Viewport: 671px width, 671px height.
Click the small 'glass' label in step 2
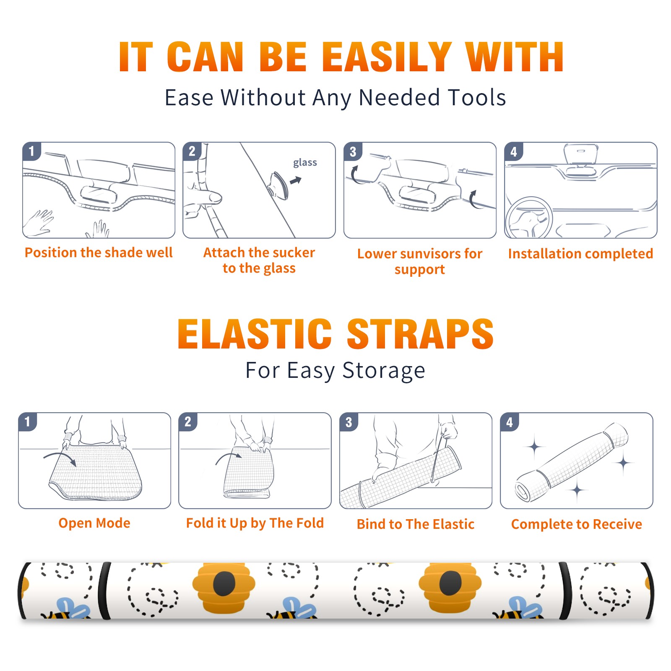[x=305, y=162]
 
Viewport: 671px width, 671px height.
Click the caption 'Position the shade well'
[x=99, y=252]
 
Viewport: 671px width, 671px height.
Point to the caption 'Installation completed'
[x=580, y=253]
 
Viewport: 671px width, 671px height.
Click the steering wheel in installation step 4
[x=529, y=218]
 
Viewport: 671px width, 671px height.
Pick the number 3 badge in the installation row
[x=353, y=151]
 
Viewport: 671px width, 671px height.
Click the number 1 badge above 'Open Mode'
[x=28, y=421]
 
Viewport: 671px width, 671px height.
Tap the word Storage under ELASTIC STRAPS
[x=384, y=371]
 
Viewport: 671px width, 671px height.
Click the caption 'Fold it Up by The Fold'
[x=255, y=523]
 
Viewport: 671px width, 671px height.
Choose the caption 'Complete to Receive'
[x=577, y=524]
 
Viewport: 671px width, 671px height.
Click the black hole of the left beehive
[x=224, y=583]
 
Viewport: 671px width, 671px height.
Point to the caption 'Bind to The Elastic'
[x=416, y=524]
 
